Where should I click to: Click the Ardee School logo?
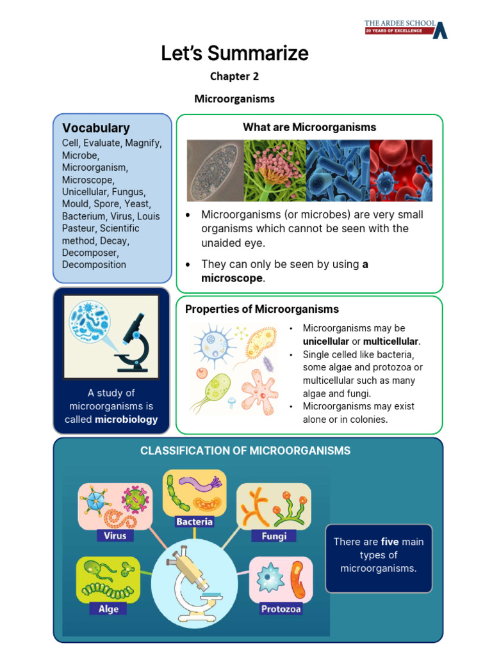[x=406, y=29]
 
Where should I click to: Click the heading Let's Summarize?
[x=234, y=54]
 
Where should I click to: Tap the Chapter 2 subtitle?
[x=234, y=77]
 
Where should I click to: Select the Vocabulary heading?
[x=96, y=128]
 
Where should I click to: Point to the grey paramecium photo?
[x=215, y=171]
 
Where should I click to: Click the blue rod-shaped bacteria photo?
[x=338, y=171]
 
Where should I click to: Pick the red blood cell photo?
[x=401, y=171]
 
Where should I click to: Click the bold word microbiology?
[x=126, y=420]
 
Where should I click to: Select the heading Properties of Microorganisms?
[x=262, y=310]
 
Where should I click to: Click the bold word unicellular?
[x=326, y=342]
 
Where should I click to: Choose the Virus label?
[x=115, y=536]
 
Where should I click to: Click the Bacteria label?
[x=194, y=522]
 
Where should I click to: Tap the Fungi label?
[x=274, y=536]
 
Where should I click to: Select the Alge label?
[x=108, y=609]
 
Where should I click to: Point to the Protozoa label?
[x=281, y=609]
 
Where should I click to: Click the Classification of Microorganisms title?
[x=245, y=451]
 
